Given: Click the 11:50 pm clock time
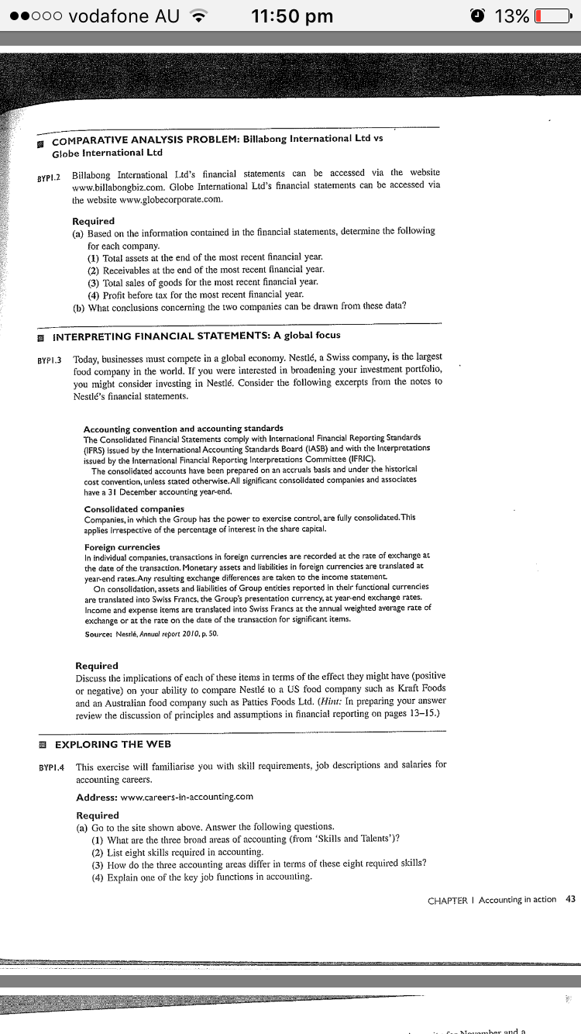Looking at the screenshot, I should (293, 16).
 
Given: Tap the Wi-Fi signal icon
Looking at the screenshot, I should (201, 16).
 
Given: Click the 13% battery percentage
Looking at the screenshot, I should (511, 16).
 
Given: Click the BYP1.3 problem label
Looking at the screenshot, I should (53, 360).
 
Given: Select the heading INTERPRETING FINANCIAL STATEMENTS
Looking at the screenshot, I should (196, 336).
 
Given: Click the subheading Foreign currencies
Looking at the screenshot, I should (122, 546).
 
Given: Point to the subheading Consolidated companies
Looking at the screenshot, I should (133, 509).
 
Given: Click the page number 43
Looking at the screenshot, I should (571, 900).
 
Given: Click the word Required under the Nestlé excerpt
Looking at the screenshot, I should (97, 666).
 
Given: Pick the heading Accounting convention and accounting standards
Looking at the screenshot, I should (183, 429).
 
